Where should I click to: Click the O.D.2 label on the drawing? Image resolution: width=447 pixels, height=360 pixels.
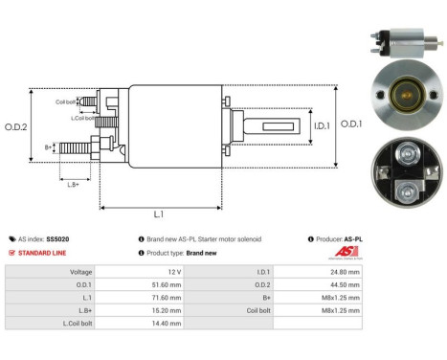pyautogui.click(x=16, y=125)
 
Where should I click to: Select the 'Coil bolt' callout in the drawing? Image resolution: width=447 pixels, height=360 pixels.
pyautogui.click(x=66, y=101)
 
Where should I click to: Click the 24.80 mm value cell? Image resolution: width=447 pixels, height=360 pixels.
pyautogui.click(x=343, y=272)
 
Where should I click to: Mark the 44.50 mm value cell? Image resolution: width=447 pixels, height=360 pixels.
pyautogui.click(x=343, y=284)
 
